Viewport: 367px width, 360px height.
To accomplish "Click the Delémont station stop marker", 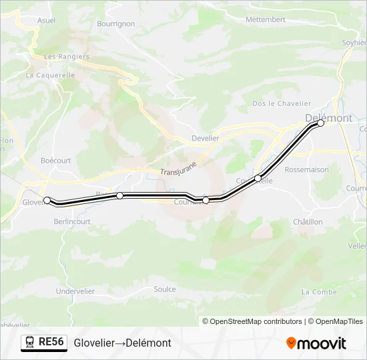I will tap(320, 123).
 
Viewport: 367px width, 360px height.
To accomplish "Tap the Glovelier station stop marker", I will tap(47, 199).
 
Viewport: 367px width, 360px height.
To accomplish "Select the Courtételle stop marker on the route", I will tap(258, 178).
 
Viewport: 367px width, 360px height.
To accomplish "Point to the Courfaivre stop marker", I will tap(206, 200).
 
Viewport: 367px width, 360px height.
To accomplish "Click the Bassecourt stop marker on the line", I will tap(119, 195).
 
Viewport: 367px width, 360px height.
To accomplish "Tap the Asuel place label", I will tap(47, 21).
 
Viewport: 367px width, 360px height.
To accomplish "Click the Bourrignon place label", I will tap(115, 23).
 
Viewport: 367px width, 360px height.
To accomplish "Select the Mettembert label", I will tap(266, 19).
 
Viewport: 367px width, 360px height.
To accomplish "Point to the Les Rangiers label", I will tap(67, 57).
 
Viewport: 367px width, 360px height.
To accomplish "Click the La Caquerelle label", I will tap(51, 75).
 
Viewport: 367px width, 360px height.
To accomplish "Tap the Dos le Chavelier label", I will tap(282, 103).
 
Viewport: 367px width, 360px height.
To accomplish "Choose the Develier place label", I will tap(205, 138).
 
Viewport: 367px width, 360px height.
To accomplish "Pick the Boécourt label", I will tap(55, 161).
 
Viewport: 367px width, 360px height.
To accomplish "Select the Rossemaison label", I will tap(307, 169).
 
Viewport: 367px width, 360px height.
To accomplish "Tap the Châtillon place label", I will tap(308, 221).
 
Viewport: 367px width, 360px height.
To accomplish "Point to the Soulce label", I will tap(165, 289).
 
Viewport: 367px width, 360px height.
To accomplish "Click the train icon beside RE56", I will tap(29, 343).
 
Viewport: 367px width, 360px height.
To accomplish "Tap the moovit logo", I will tap(316, 343).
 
